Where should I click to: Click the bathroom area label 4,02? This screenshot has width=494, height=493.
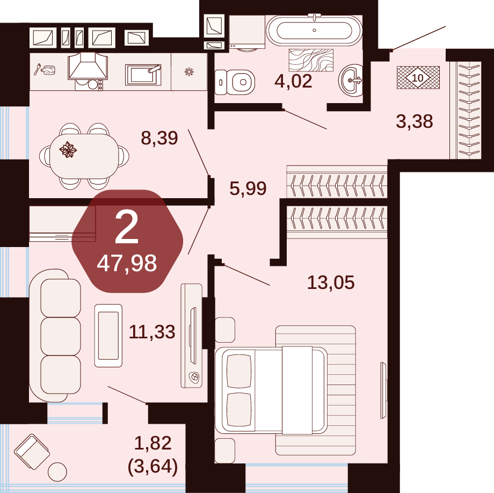point(293,81)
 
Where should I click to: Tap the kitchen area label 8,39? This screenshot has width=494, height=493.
point(159,138)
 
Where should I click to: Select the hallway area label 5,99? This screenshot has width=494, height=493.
point(248,189)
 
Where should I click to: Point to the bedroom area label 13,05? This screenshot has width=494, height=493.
point(331,282)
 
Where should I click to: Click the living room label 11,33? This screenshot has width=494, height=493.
point(152,332)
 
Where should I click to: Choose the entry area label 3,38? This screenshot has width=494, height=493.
point(415,121)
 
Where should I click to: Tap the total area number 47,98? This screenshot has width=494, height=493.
point(127,263)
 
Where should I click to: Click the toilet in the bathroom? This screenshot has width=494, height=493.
point(235,82)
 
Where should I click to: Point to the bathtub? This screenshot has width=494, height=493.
point(314,31)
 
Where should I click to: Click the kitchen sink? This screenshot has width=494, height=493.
point(143,75)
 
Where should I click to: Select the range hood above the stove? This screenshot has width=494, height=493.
point(88,66)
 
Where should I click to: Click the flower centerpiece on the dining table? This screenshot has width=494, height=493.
point(68,150)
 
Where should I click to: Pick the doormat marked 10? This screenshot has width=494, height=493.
point(418,77)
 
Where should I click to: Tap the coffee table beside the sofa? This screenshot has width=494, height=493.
point(108,336)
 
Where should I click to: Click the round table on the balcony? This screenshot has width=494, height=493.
point(57,472)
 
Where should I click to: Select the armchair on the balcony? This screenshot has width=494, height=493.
point(32,452)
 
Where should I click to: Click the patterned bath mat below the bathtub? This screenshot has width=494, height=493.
point(311,60)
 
